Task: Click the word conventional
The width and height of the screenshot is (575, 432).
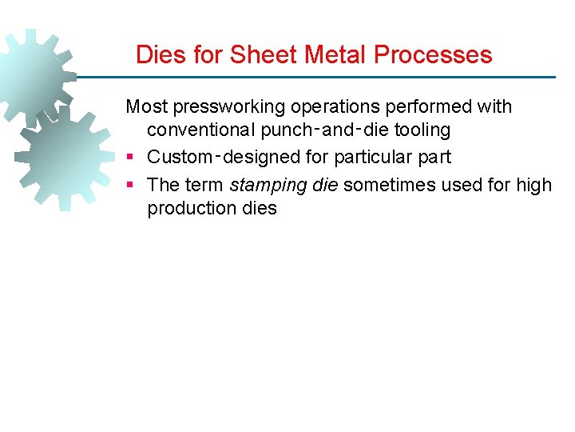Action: [x=203, y=130]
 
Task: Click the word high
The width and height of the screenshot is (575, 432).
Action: [x=533, y=185]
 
